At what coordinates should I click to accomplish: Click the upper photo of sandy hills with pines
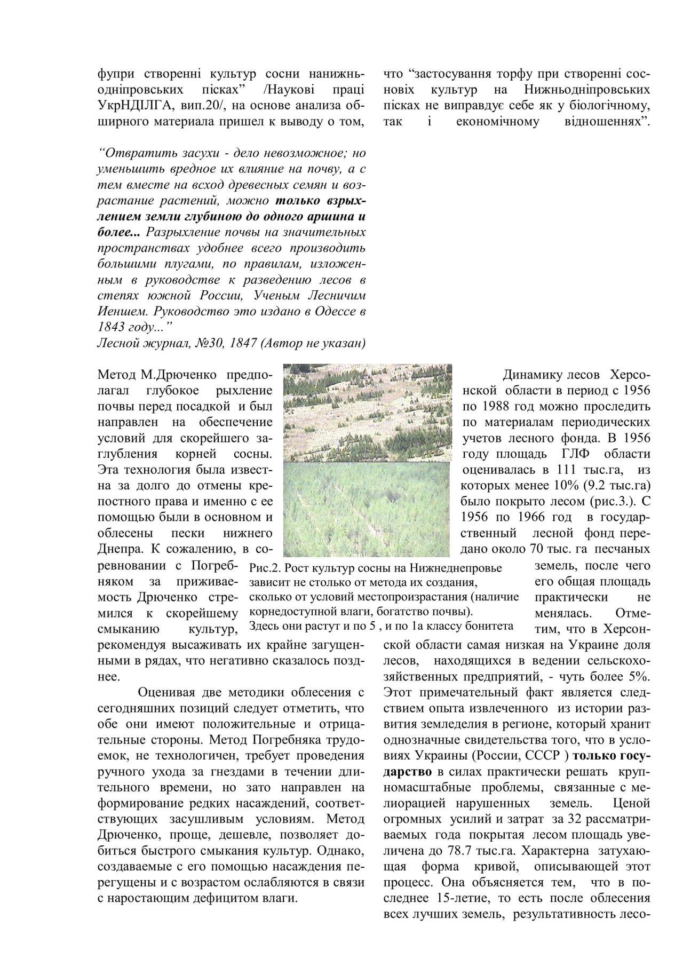(x=367, y=412)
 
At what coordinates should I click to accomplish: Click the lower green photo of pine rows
(x=366, y=509)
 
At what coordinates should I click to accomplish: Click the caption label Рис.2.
(x=261, y=567)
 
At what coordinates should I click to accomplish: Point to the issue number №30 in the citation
(x=205, y=343)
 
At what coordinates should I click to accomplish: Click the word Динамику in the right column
(x=526, y=375)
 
